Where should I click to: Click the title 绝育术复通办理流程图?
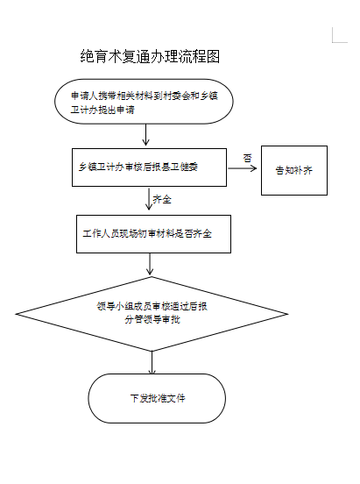coord(149,57)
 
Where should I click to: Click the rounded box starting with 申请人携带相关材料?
coord(145,103)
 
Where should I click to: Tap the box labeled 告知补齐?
coord(293,169)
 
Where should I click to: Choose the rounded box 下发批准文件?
coord(157,398)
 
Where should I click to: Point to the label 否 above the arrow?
coord(247,157)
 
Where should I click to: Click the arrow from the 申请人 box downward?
coord(145,134)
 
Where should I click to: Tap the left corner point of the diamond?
coord(18,312)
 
